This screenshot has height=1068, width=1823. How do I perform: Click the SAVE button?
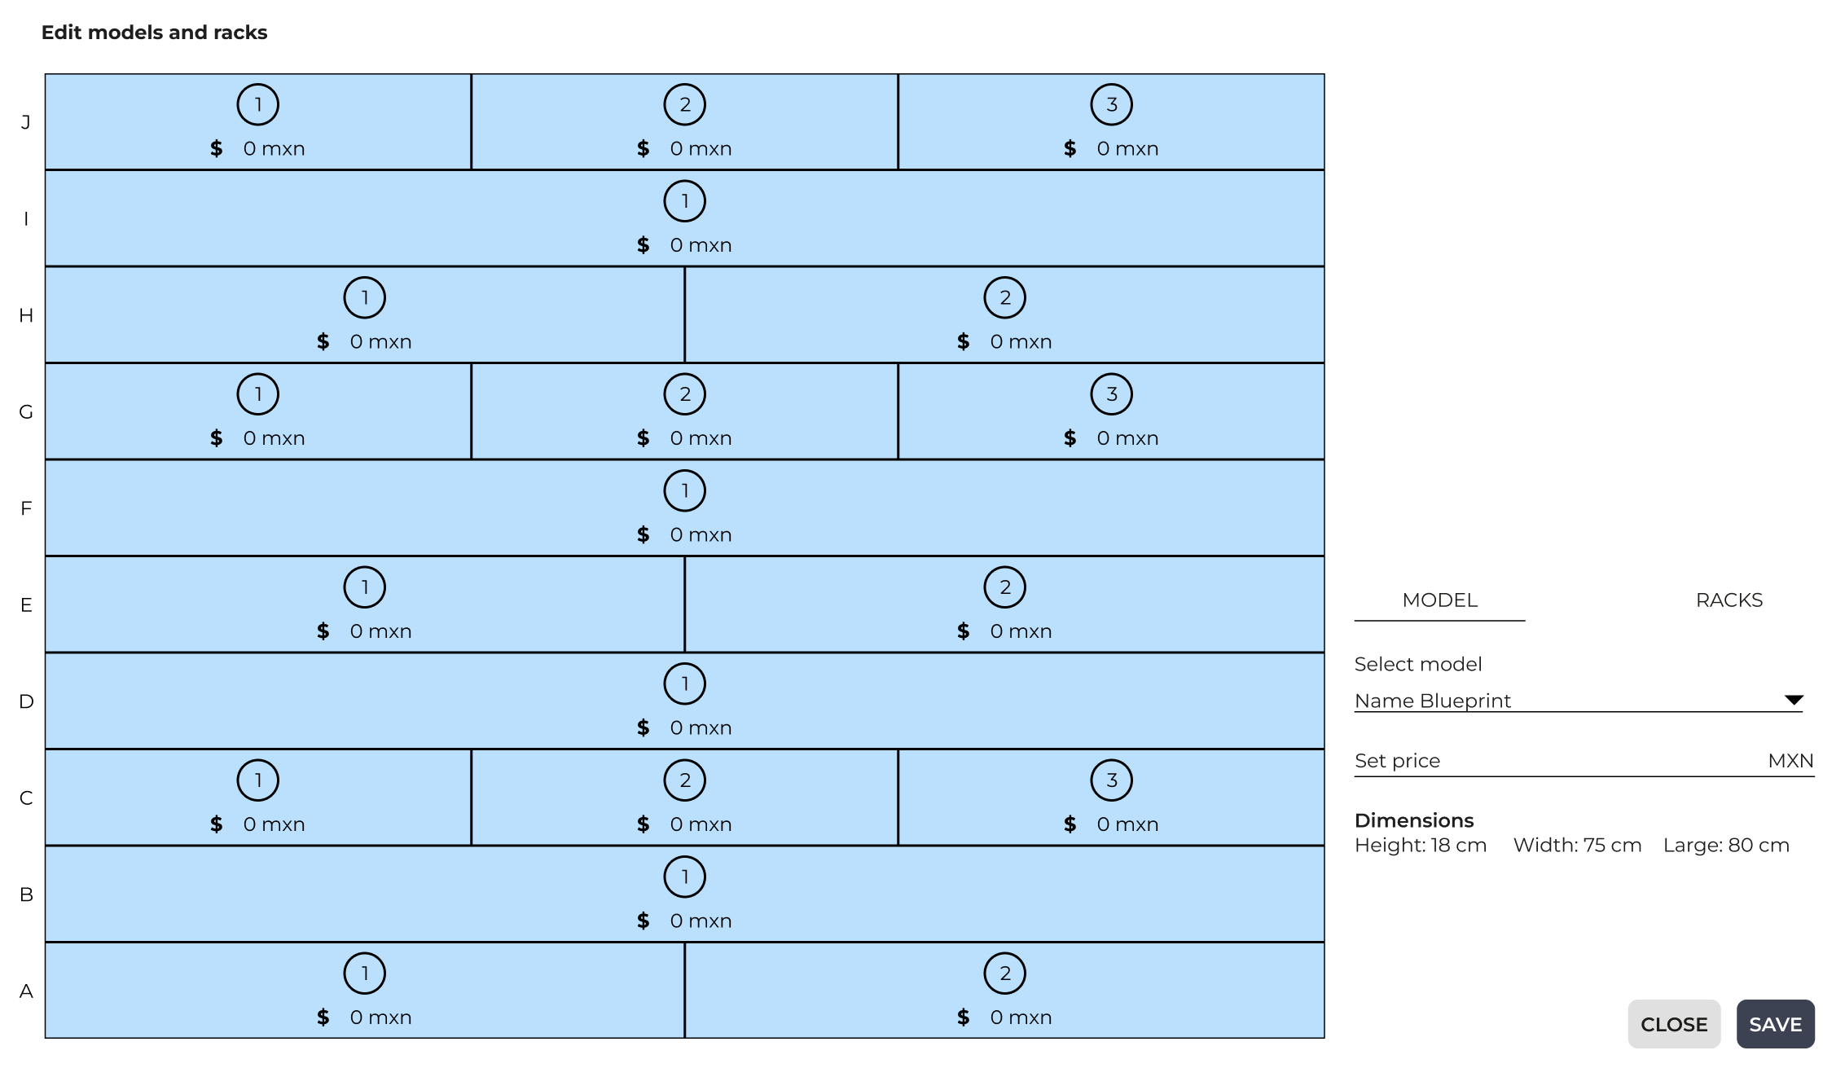point(1775,1024)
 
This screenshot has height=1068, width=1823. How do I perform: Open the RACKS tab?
point(1729,600)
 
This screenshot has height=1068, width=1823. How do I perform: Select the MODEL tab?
point(1439,600)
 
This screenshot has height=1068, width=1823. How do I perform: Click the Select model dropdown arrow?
point(1794,700)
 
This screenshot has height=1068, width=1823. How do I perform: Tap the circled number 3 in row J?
point(1112,104)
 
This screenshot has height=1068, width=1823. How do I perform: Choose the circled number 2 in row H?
point(1005,297)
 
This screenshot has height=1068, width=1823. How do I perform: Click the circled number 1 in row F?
point(685,490)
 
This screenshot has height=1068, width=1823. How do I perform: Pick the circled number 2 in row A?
point(1005,973)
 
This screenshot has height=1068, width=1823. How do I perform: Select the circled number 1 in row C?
point(258,780)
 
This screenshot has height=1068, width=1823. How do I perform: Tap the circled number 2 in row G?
point(685,393)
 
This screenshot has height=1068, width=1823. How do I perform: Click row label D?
point(26,701)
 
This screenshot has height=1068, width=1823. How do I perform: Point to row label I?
point(26,218)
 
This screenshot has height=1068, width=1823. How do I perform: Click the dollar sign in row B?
point(644,921)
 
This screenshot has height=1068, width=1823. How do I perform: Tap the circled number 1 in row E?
point(365,587)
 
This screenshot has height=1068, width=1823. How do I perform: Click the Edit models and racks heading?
point(154,33)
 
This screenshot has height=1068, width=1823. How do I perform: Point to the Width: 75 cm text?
point(1577,845)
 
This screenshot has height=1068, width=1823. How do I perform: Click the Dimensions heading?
point(1414,820)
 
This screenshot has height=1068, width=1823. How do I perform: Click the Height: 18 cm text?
point(1421,845)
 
